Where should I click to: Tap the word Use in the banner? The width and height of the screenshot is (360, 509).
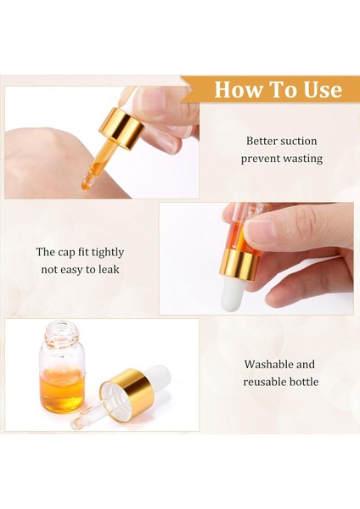[321, 90]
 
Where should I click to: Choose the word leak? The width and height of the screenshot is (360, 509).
[107, 270]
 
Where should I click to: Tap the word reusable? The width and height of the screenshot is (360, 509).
[265, 382]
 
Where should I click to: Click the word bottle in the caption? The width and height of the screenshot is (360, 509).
[304, 382]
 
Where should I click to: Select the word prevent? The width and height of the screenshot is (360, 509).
[260, 159]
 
